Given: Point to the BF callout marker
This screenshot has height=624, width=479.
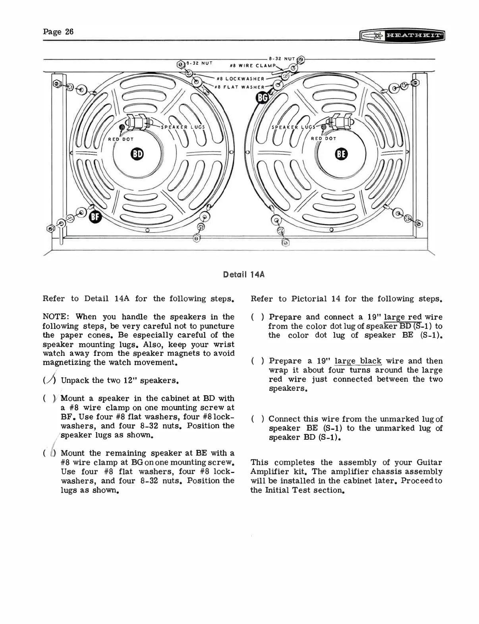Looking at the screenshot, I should pos(96,216).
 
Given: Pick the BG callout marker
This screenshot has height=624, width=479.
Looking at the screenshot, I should pos(263,97).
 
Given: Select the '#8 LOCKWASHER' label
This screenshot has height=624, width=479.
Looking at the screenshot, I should pos(240,79).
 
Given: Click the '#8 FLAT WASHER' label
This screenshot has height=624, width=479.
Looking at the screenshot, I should pos(240,87).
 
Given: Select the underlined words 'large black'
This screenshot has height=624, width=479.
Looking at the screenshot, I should pos(358,361).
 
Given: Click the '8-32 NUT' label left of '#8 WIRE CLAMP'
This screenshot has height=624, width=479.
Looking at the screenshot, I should pos(201,63).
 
